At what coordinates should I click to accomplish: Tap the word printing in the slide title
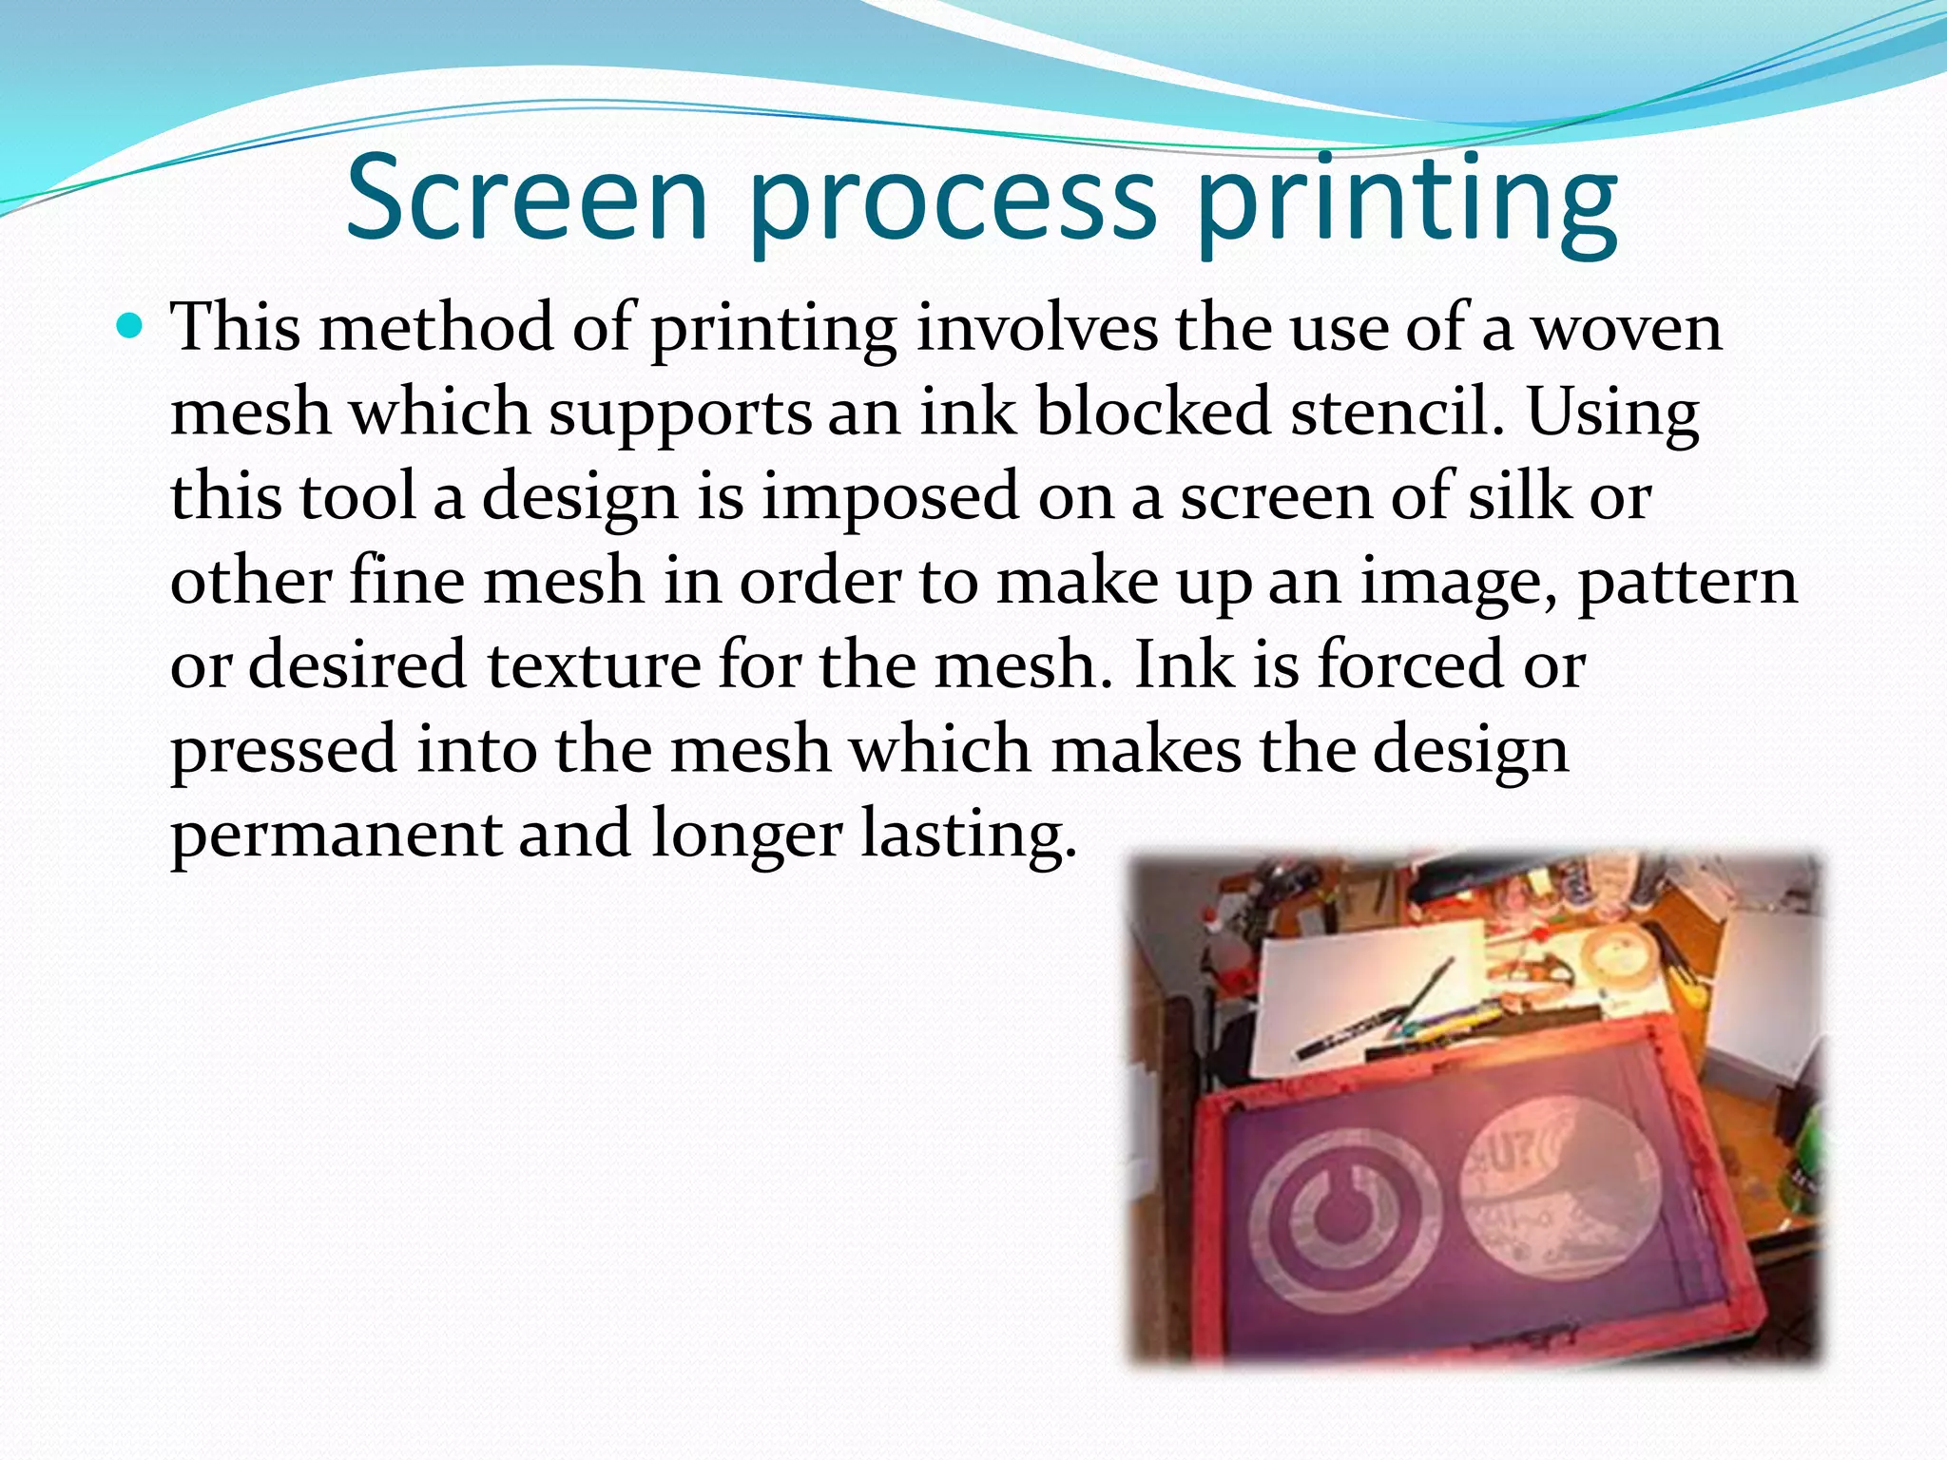(1407, 202)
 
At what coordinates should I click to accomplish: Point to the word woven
(1628, 328)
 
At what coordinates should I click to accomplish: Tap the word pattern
(1687, 582)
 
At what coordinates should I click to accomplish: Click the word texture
(594, 664)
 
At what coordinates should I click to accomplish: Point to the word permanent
(335, 835)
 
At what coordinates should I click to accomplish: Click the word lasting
(968, 835)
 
